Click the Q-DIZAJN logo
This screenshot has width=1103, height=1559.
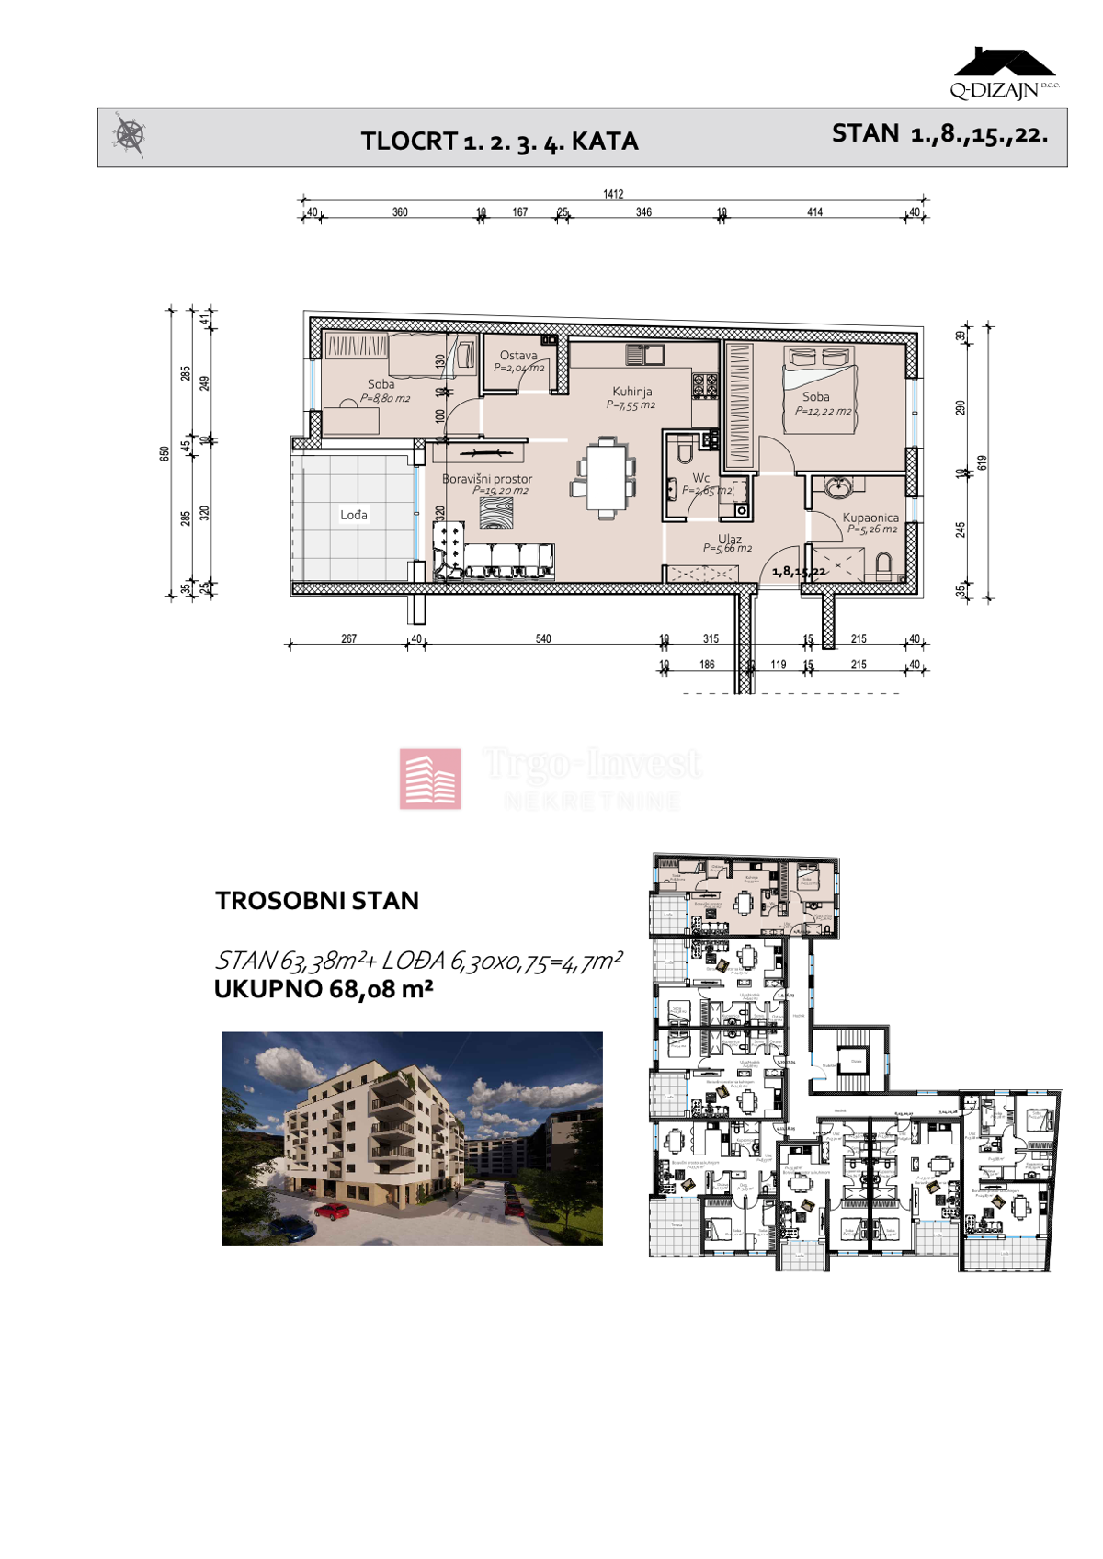coord(1004,74)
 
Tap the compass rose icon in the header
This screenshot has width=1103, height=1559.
coord(130,136)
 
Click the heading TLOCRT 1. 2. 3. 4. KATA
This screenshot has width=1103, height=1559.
coord(499,142)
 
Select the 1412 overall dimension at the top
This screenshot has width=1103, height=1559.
coord(613,194)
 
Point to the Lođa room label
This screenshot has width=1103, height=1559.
coord(354,515)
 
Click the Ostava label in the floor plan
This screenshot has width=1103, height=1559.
coord(518,356)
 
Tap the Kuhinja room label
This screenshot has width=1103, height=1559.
coord(631,392)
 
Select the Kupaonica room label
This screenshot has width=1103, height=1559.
coord(870,518)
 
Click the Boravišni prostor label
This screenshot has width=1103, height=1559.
coord(487,479)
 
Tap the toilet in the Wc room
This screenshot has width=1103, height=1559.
coord(684,449)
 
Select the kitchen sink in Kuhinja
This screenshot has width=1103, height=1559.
coord(645,353)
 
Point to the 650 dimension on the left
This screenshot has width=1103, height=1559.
coord(165,453)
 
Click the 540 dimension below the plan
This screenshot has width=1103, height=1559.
coord(543,639)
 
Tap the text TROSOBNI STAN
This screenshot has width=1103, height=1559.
coord(317,901)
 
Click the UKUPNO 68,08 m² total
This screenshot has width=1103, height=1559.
coord(324,990)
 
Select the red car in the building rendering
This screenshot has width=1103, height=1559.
coord(332,1212)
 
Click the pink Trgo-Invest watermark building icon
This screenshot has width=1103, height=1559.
coord(430,779)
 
